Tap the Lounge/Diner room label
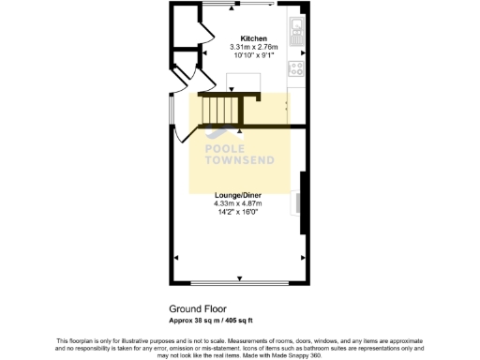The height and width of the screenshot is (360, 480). point(238,194)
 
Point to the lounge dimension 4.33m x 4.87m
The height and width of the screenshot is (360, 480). point(238,203)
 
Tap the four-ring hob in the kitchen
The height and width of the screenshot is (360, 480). point(296,68)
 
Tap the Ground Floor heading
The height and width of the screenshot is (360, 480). point(198,307)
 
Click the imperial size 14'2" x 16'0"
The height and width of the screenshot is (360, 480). point(238,212)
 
